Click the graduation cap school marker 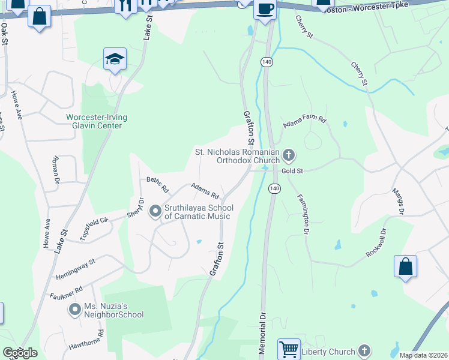point(115,59)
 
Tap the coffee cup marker point(265,10)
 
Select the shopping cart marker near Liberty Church point(289,349)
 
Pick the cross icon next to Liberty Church point(364,350)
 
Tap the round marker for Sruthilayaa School point(155,211)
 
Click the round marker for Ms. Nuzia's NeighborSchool point(75,310)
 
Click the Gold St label point(291,172)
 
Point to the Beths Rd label point(158,182)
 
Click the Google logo point(20,353)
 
